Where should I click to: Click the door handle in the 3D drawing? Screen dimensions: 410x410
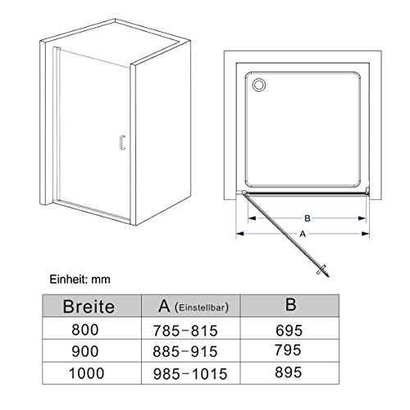(122, 143)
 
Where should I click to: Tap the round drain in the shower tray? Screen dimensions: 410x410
(258, 84)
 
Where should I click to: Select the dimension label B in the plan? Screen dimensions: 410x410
(307, 218)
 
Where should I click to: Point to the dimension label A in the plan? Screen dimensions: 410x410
(303, 234)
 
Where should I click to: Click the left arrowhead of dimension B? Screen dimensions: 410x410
(252, 218)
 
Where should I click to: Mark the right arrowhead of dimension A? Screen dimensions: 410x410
(366, 234)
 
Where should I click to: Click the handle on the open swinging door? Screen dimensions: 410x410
(322, 270)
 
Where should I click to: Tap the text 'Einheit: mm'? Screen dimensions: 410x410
(80, 280)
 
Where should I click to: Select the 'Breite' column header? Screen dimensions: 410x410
(89, 307)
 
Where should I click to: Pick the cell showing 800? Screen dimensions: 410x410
(85, 330)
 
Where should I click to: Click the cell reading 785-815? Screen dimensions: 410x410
(185, 330)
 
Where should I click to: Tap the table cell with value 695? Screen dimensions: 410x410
(289, 330)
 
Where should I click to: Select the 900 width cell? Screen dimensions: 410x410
(85, 352)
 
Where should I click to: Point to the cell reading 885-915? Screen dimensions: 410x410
(185, 352)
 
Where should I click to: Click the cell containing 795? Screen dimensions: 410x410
(288, 350)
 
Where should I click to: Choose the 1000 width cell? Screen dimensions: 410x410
(87, 373)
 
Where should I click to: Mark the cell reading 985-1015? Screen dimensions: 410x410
(190, 374)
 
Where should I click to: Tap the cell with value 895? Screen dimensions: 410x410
(289, 372)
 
